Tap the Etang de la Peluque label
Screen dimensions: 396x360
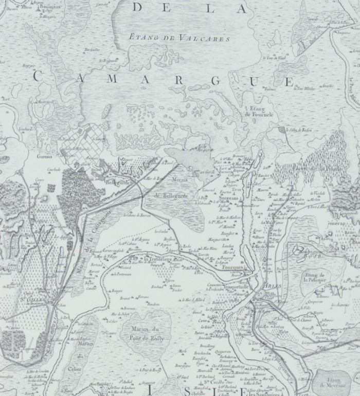point(315,280)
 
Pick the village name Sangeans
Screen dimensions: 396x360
point(230,196)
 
